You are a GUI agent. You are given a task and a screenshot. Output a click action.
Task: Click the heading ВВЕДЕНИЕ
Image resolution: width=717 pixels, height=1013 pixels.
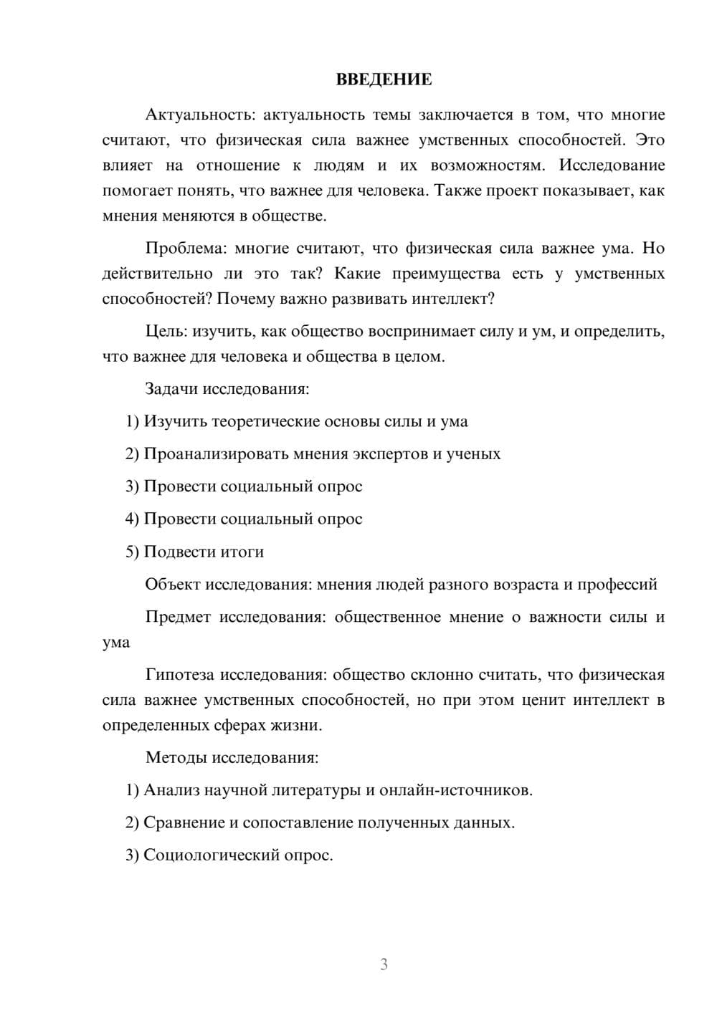[384, 79]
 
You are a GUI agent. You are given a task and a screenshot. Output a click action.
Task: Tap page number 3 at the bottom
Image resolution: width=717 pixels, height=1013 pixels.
[384, 964]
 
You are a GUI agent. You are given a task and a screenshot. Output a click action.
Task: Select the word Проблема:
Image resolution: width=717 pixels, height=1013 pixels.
[186, 249]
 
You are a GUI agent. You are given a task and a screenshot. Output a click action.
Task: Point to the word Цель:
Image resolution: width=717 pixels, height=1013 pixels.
[166, 332]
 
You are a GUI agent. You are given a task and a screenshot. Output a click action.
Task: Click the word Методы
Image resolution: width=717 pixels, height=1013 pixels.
[173, 757]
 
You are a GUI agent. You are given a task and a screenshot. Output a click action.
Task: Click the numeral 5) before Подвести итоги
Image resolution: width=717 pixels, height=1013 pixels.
[132, 552]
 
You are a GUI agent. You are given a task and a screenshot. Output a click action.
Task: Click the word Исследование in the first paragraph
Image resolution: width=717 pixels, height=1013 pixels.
[612, 165]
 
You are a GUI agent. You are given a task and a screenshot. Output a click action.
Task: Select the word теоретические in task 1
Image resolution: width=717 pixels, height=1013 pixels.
[266, 421]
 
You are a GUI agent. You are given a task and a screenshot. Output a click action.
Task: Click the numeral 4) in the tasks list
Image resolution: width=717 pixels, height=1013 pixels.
[132, 519]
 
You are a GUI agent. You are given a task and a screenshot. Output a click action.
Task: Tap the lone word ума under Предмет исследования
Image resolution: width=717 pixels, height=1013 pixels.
[116, 643]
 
